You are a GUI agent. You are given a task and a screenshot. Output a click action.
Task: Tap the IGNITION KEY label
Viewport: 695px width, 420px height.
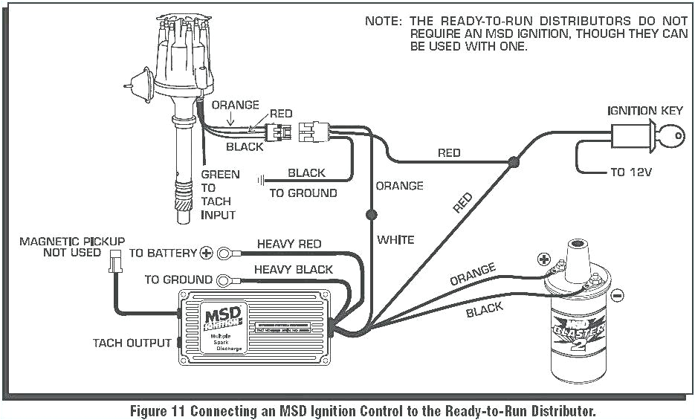[x=644, y=111]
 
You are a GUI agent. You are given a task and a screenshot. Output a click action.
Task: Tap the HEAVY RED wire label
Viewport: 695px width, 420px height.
[x=289, y=244]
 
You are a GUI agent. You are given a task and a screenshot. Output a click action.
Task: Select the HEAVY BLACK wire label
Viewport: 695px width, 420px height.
[x=294, y=269]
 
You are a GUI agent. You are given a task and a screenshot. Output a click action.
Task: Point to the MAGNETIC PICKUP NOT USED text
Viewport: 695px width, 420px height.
[x=71, y=247]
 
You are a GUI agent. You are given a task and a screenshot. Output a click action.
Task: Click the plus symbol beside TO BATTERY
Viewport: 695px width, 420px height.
[x=207, y=253]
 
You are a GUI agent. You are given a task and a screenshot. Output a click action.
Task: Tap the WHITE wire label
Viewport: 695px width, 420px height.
[x=395, y=239]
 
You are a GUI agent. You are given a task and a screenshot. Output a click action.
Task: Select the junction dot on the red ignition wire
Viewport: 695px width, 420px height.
[x=513, y=161]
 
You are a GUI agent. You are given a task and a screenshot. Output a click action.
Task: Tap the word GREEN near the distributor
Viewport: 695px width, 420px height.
[x=220, y=174]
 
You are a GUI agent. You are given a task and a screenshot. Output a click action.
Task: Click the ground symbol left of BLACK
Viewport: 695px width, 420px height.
[x=262, y=180]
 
